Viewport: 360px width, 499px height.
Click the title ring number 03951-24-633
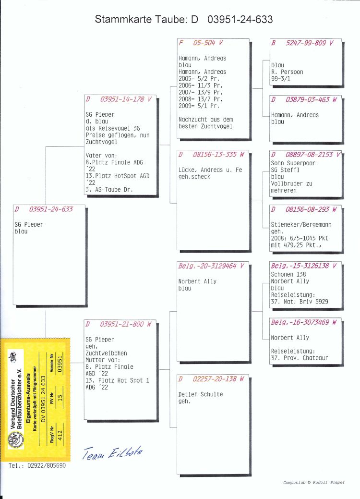click(240, 19)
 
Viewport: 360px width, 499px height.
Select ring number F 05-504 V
click(201, 43)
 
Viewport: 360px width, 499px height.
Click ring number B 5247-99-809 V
click(302, 43)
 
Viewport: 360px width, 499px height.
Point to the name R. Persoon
click(287, 72)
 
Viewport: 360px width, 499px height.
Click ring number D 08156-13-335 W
click(212, 155)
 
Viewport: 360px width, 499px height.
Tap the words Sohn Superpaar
click(293, 163)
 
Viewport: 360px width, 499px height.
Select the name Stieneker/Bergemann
click(301, 225)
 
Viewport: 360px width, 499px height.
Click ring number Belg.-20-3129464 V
click(211, 266)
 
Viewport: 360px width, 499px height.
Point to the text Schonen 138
click(288, 274)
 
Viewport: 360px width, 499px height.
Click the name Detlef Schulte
click(200, 394)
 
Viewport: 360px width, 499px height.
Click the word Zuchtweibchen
click(106, 353)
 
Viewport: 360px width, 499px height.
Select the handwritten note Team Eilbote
click(113, 452)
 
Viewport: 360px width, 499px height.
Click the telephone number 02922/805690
click(47, 465)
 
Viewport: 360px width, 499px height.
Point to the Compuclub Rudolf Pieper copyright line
click(314, 483)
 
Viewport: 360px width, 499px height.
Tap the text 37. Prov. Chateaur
click(299, 358)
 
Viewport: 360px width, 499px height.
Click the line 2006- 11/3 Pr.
click(200, 85)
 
